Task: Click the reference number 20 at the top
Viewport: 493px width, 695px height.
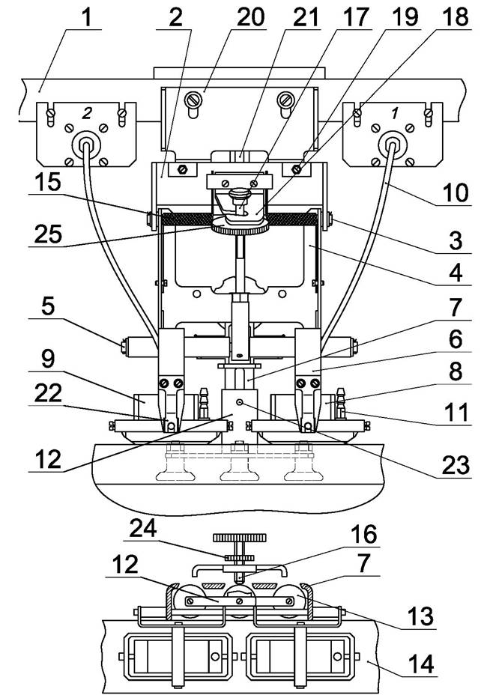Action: (250, 17)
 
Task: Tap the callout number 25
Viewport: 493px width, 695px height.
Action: (48, 234)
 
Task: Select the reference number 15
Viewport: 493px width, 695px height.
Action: (48, 182)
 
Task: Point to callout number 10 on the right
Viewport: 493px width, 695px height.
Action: (456, 192)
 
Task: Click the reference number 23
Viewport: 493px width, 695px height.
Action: (456, 465)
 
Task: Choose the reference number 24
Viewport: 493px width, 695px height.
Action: (143, 528)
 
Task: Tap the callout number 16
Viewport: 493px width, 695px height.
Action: (363, 534)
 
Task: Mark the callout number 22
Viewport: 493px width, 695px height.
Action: (48, 393)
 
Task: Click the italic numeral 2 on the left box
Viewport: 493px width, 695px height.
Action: (87, 114)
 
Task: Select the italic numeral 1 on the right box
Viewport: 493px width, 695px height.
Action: (394, 114)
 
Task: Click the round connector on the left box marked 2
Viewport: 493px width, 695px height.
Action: (86, 145)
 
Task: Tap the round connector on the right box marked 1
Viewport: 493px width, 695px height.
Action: (392, 145)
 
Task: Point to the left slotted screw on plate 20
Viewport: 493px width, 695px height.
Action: (194, 100)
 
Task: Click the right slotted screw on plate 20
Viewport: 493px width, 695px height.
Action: (285, 100)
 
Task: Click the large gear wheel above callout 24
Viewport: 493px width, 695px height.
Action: (240, 538)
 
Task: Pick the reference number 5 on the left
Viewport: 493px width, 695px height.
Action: (48, 306)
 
